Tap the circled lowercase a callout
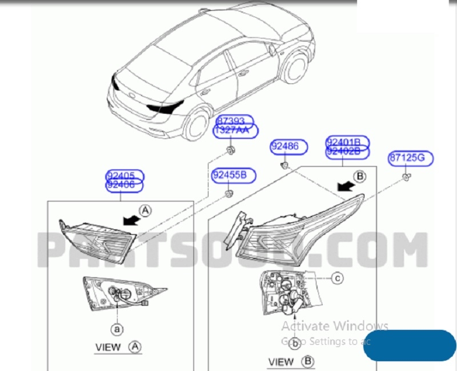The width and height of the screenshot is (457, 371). click(x=117, y=329)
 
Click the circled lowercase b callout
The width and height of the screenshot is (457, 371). click(x=295, y=344)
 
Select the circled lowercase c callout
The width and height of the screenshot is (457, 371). click(x=338, y=278)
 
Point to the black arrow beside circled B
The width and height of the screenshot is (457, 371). click(x=344, y=185)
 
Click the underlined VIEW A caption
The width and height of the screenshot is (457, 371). click(x=118, y=346)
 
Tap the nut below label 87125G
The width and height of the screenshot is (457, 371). click(x=405, y=177)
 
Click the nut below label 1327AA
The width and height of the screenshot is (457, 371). click(x=230, y=150)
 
